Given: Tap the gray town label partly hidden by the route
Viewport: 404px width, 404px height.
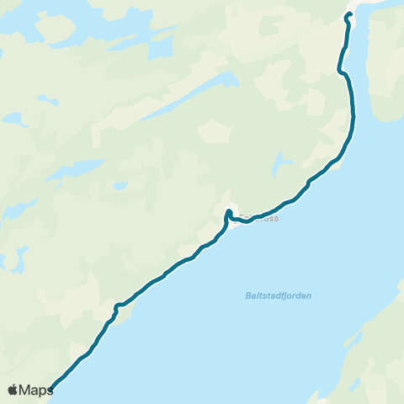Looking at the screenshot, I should pos(258,216).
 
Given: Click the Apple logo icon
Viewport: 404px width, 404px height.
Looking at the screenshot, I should pos(13,390).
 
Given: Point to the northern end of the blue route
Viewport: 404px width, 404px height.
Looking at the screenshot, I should pos(348,14).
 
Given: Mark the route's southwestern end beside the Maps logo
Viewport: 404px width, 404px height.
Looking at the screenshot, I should pos(51,389).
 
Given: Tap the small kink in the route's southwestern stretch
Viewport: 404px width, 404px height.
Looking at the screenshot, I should pos(117,306).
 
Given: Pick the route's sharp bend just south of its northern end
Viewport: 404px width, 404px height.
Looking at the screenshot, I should pos(341,70).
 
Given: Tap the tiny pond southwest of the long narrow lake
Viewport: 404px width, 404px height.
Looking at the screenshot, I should pos(120,184).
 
